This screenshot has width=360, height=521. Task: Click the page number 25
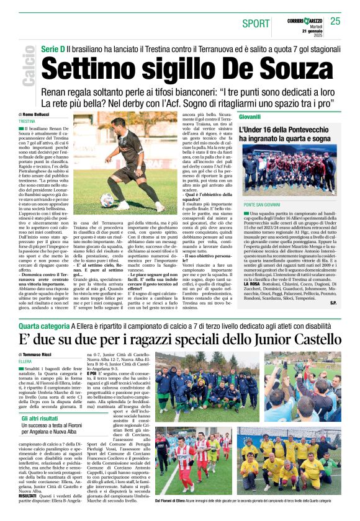pos(335,21)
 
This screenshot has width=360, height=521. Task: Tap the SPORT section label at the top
pos(256,24)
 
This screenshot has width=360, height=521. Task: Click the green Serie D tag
pos(53,48)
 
